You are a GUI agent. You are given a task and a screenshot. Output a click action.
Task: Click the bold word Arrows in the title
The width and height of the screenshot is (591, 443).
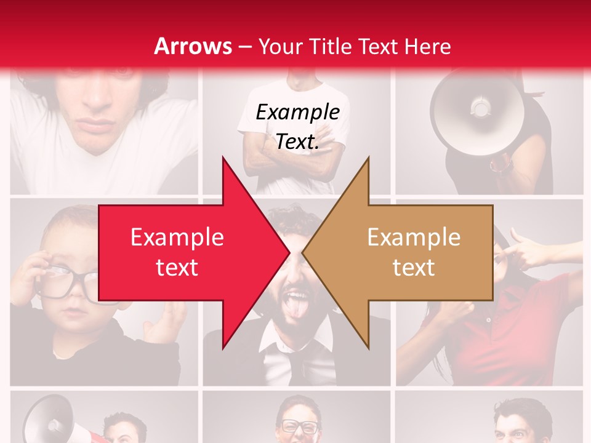pos(193,46)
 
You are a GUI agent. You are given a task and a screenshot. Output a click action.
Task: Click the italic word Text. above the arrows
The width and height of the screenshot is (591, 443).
pos(297,142)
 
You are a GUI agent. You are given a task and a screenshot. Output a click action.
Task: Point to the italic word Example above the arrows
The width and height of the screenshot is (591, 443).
pos(297,113)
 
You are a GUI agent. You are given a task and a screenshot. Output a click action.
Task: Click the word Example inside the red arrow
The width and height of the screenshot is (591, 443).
pos(177,237)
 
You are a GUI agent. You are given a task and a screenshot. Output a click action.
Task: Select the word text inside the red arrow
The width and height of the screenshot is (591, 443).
pos(177,268)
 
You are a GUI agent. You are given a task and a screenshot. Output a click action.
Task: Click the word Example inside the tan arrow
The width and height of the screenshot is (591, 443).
pos(414,237)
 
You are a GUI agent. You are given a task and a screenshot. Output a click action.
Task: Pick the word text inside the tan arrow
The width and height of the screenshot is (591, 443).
pos(414,268)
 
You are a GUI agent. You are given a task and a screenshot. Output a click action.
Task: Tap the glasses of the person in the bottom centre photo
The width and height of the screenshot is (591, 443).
pos(300,426)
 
